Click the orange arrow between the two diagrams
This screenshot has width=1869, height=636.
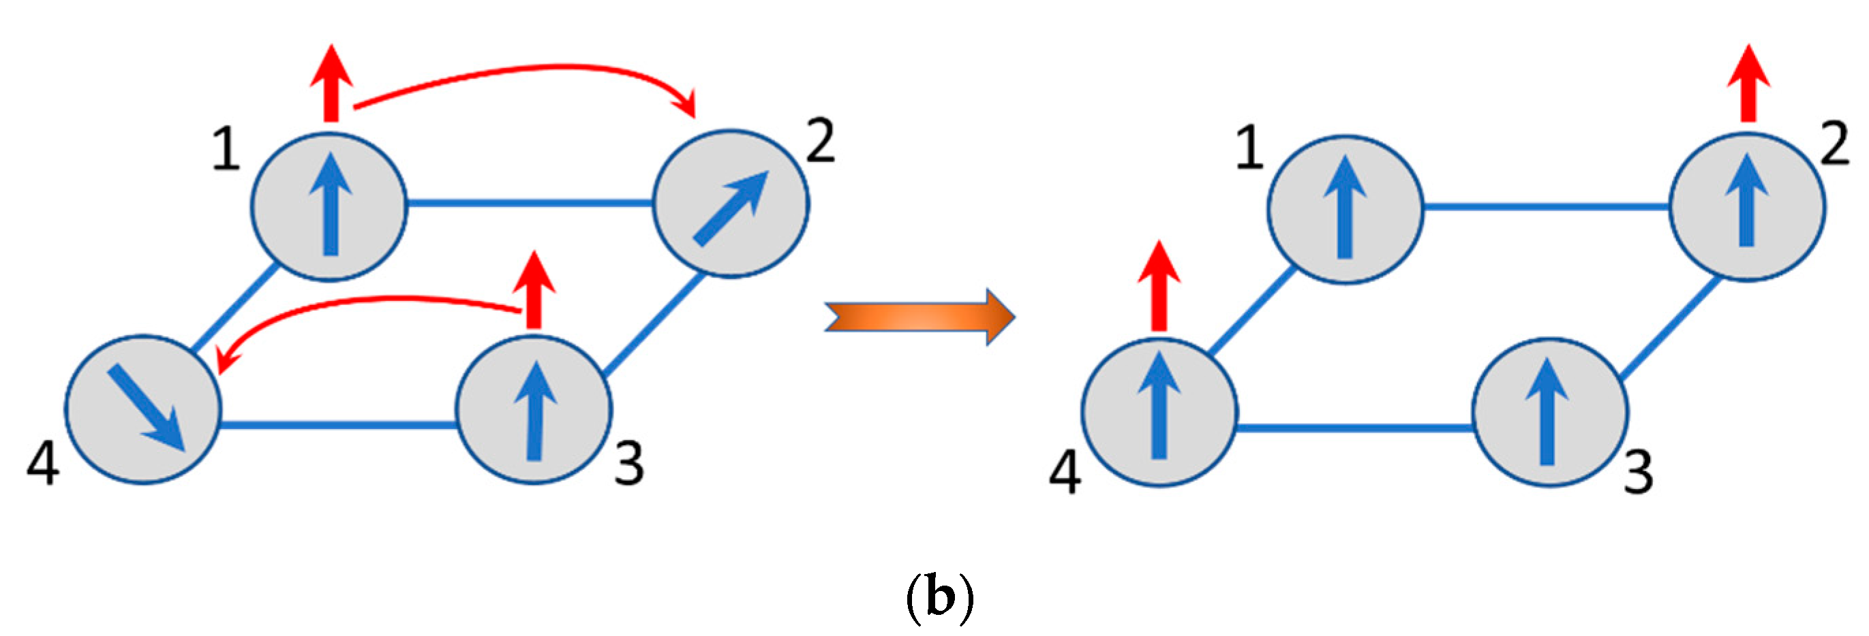pos(920,317)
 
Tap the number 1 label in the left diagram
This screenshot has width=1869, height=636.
pos(226,148)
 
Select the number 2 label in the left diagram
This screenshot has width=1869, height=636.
pos(821,142)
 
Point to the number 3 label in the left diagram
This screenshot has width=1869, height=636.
pos(628,464)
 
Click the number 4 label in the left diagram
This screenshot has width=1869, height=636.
pos(43,464)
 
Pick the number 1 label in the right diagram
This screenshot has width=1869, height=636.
pos(1249,148)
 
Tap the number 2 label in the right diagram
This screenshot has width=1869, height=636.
pos(1835,144)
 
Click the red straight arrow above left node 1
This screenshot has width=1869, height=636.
pos(331,83)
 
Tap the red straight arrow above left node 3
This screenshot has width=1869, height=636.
pos(534,290)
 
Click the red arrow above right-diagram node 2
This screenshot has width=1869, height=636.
pos(1748,83)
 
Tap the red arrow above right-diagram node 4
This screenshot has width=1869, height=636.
pos(1159,287)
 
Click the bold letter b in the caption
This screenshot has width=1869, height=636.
pos(941,599)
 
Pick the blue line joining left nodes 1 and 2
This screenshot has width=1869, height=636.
pos(530,204)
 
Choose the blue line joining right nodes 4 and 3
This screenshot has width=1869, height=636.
pos(1354,428)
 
